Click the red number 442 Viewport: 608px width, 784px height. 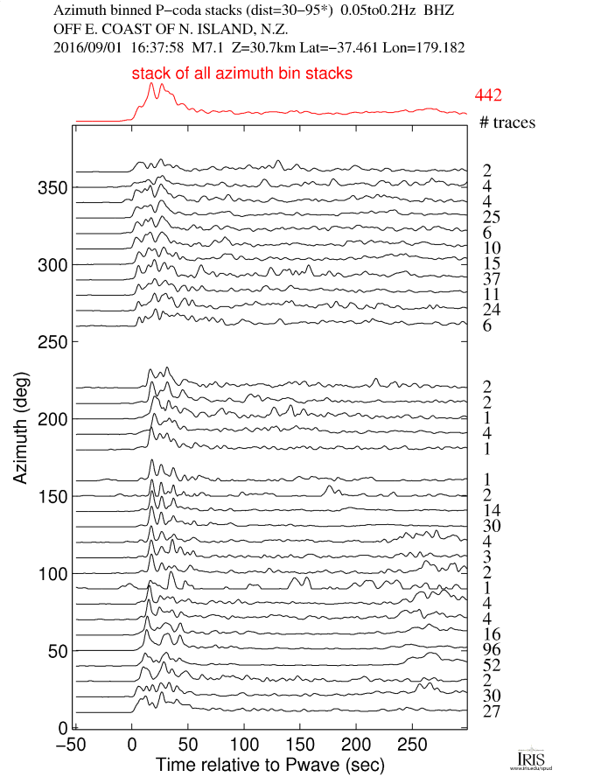click(488, 95)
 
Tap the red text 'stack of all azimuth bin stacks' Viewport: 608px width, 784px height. click(242, 74)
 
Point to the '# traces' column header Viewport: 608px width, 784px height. click(507, 123)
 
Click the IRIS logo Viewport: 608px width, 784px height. click(531, 758)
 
